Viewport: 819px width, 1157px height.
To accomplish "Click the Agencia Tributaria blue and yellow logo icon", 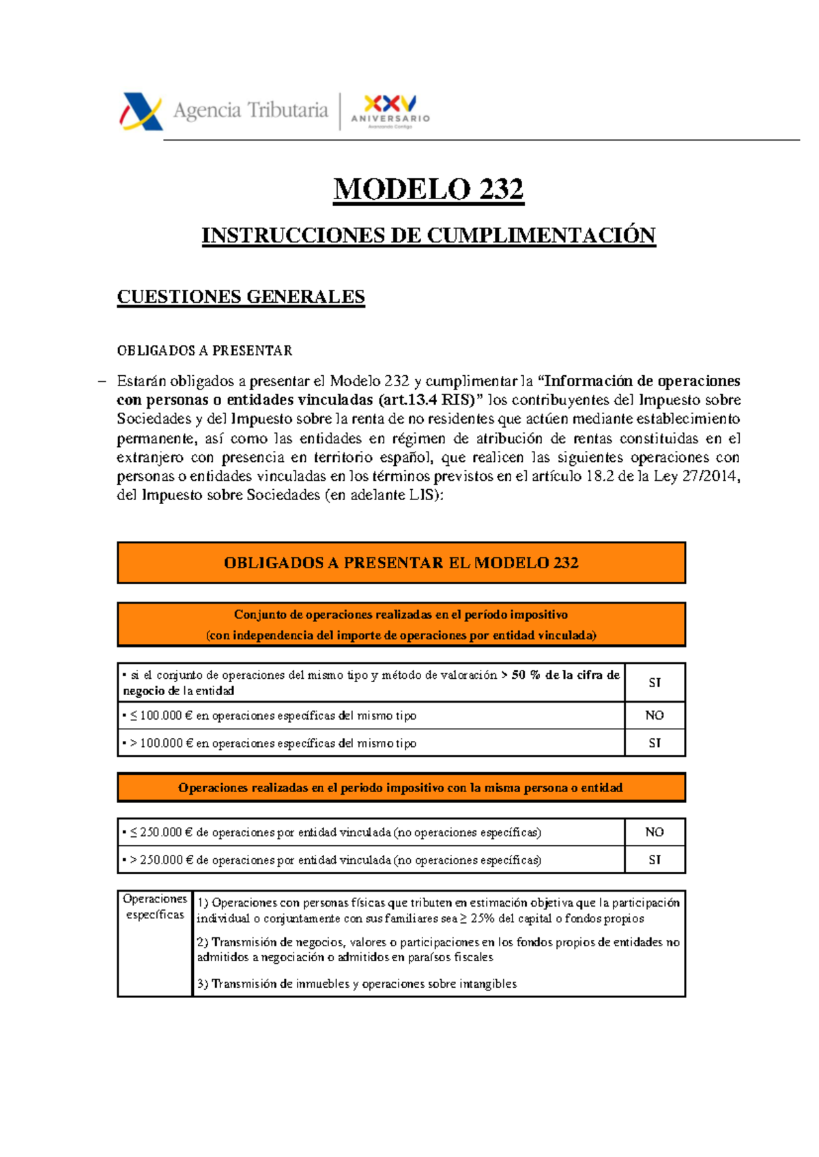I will point(142,111).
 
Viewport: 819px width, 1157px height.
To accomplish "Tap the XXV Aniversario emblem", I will point(390,110).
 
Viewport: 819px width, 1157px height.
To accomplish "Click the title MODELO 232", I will point(428,189).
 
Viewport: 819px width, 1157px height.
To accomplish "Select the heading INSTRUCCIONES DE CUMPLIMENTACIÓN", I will point(428,235).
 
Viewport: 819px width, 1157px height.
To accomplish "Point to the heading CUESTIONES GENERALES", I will point(240,297).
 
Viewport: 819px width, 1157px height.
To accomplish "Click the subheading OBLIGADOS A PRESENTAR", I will point(204,351).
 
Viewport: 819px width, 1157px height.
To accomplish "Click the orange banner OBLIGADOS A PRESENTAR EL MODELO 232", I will point(401,563).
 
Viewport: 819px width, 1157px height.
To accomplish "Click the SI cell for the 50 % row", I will point(654,682).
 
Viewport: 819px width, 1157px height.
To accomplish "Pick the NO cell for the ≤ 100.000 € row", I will point(654,715).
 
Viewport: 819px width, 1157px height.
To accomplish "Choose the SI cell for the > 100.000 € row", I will point(654,743).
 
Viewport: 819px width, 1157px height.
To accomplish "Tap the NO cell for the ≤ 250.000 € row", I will point(654,832).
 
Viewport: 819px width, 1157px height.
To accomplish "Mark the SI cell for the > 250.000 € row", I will point(654,860).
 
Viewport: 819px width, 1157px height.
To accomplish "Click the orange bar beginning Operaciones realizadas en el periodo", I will point(401,787).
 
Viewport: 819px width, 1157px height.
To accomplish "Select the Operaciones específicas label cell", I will point(155,907).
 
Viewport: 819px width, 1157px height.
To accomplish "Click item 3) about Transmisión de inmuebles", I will point(356,984).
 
